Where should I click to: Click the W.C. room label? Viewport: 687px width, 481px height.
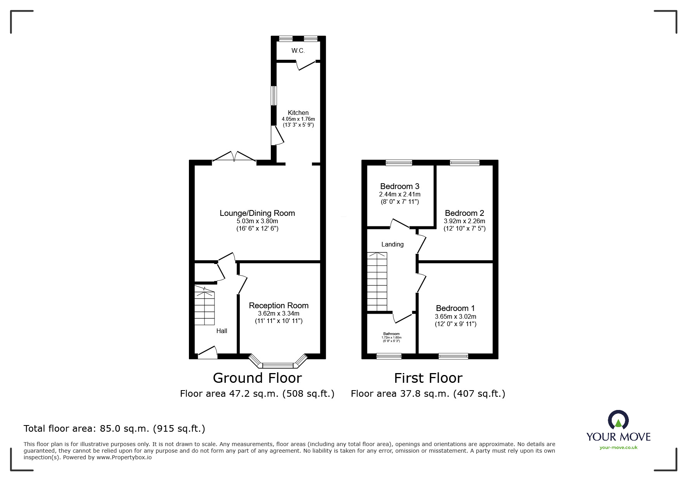(x=298, y=50)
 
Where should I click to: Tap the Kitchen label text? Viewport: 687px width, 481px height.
(x=298, y=113)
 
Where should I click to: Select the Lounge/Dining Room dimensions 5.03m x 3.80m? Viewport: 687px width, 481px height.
(x=257, y=221)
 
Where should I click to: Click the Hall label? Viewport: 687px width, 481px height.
(x=222, y=331)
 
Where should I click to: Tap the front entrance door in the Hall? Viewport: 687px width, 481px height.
(x=207, y=352)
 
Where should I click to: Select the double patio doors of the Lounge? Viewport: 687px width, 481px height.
(x=234, y=157)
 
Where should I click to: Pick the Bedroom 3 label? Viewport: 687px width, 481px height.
(x=400, y=186)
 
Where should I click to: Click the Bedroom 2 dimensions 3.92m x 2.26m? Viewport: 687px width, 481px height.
(x=464, y=221)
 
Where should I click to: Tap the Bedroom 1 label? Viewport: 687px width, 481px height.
(x=455, y=308)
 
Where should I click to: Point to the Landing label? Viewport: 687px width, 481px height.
(x=392, y=244)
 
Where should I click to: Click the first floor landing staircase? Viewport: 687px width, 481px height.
(x=377, y=281)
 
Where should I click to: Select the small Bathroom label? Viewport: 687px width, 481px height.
(x=391, y=334)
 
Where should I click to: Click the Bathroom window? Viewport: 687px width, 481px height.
(x=389, y=356)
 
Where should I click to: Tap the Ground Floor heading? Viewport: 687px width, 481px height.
(x=257, y=378)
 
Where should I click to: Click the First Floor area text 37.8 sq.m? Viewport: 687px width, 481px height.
(x=428, y=394)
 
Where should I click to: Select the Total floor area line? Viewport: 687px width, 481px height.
(x=114, y=429)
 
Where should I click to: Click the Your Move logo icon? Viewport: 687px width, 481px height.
(x=618, y=421)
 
